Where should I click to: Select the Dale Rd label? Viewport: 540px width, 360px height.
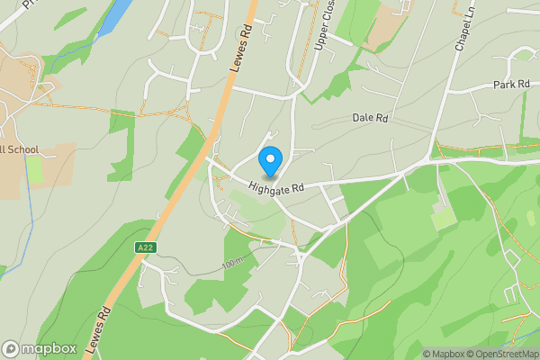coord(369,118)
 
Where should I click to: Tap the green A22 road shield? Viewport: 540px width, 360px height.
coord(146,247)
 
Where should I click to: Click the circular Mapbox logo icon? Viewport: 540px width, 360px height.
coord(12,348)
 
